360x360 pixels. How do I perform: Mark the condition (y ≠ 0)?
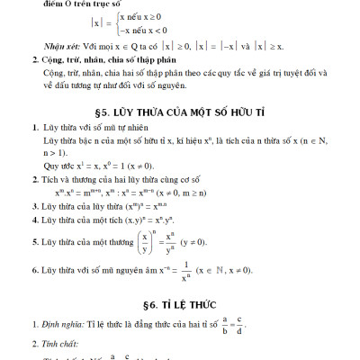click(216, 243)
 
